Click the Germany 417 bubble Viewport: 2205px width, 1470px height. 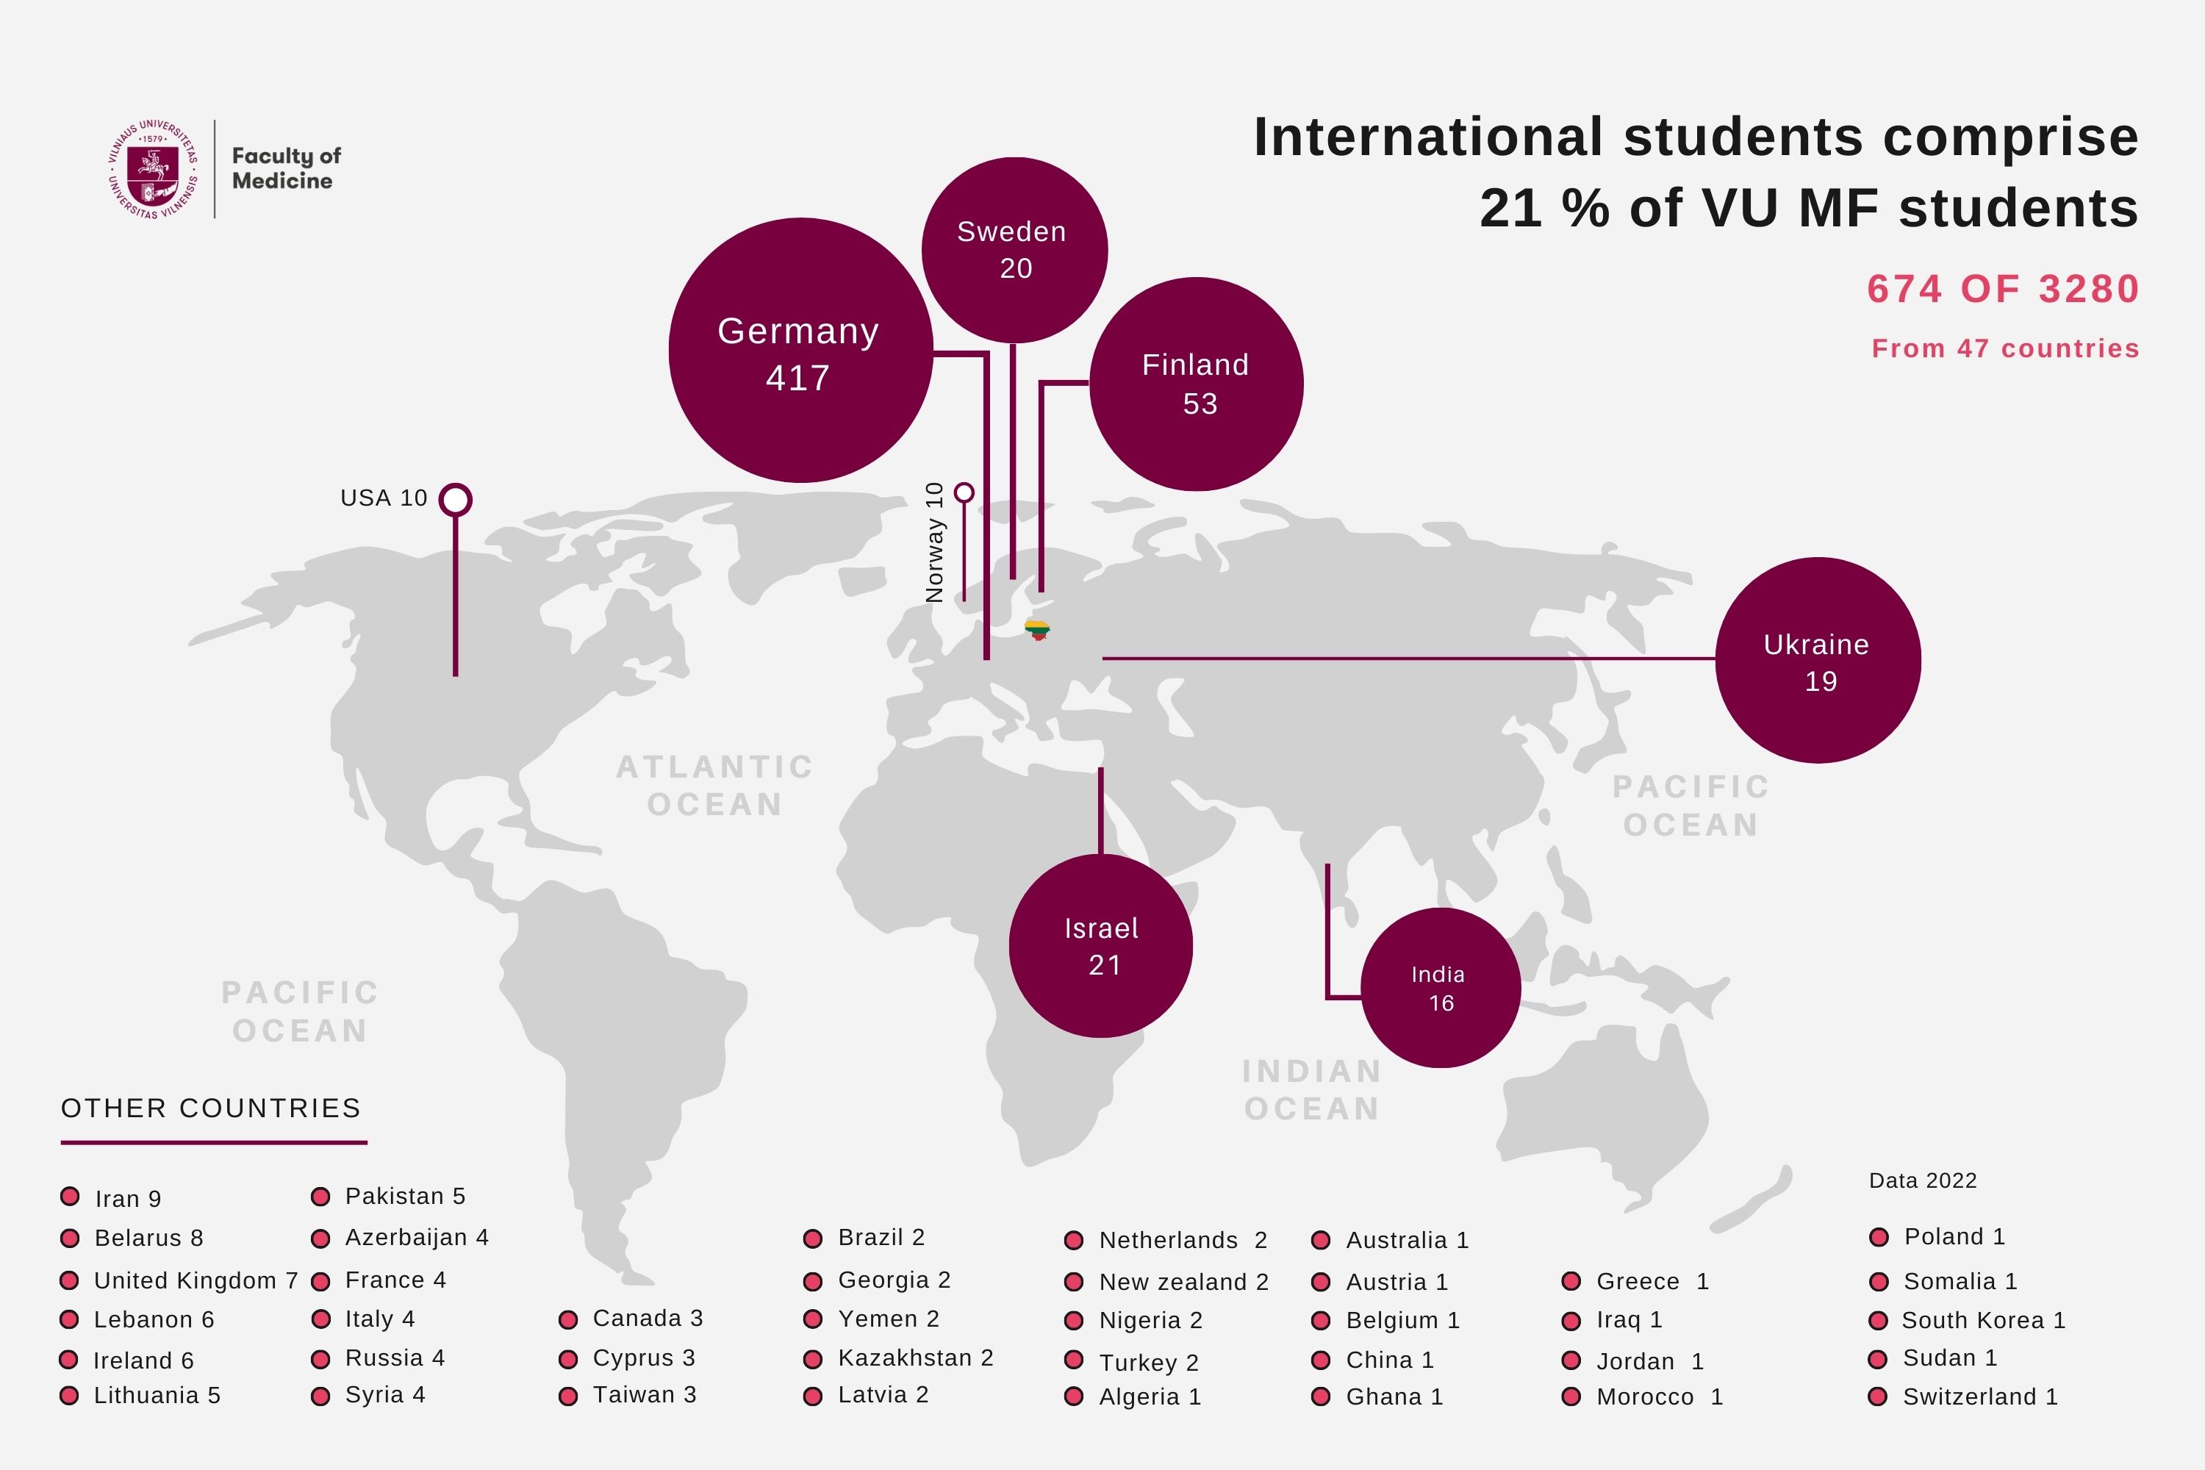click(x=800, y=351)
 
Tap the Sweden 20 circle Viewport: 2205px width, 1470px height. click(x=1014, y=251)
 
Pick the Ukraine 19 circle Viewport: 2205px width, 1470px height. click(x=1817, y=661)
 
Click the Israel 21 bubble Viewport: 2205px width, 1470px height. click(x=1100, y=946)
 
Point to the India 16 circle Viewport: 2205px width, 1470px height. click(x=1440, y=988)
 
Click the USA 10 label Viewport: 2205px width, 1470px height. click(x=384, y=498)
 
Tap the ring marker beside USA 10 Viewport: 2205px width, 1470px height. click(x=456, y=500)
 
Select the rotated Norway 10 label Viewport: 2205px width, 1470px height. click(x=935, y=542)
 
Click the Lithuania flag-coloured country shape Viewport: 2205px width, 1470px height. click(x=1037, y=629)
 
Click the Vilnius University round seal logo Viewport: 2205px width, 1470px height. click(x=153, y=170)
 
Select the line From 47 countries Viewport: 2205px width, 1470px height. click(x=2004, y=348)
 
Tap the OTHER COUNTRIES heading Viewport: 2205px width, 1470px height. click(x=211, y=1108)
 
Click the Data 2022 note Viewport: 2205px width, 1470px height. click(x=1922, y=1180)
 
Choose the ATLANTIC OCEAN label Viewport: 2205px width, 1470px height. click(x=714, y=786)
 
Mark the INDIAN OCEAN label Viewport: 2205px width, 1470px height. click(x=1311, y=1089)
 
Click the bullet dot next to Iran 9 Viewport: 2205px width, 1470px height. click(x=69, y=1197)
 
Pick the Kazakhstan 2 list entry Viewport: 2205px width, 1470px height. click(x=914, y=1358)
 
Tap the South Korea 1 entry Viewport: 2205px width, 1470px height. click(x=1983, y=1320)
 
